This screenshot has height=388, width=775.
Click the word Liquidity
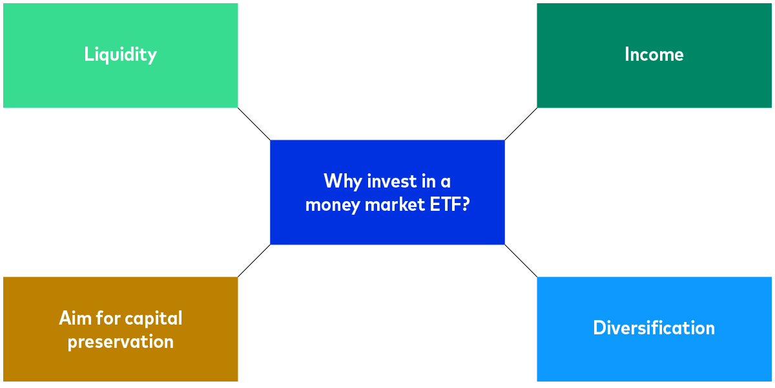click(x=120, y=54)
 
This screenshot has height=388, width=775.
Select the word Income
click(x=654, y=54)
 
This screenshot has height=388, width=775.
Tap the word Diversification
click(x=654, y=328)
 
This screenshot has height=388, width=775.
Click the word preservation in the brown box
click(x=121, y=341)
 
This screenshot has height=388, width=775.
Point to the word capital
click(x=154, y=318)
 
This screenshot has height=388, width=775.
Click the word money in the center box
click(x=330, y=205)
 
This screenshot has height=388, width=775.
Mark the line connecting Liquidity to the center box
click(x=254, y=124)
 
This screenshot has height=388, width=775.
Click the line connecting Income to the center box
click(x=521, y=124)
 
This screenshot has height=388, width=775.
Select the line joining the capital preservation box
click(x=254, y=261)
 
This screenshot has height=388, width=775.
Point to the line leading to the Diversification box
click(x=521, y=261)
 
